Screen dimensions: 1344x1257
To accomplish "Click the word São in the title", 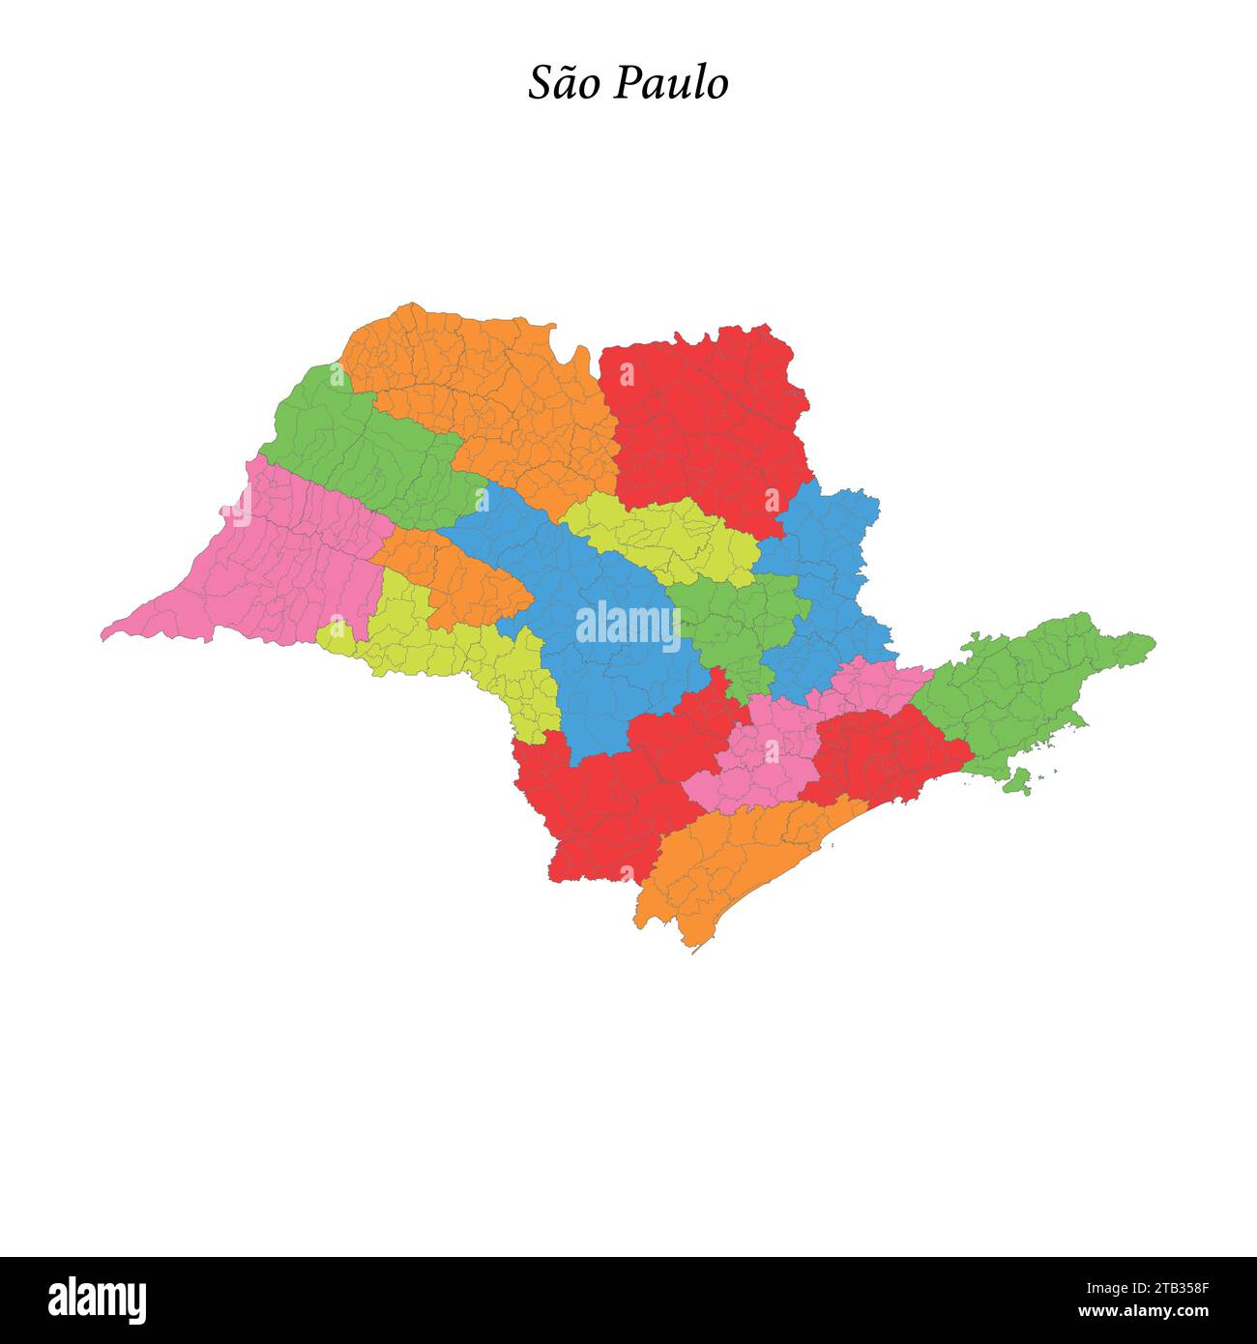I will coord(565,83).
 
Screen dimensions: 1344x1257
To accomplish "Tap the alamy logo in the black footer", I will coord(98,1300).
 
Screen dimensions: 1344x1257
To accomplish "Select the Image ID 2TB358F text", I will coord(1143,1288).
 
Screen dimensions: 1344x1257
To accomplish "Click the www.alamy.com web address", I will coord(1143,1312).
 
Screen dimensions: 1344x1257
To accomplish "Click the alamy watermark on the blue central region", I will coord(628,626).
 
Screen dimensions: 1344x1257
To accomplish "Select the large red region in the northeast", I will coord(706,425).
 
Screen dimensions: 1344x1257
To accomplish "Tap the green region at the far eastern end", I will coord(1025,687).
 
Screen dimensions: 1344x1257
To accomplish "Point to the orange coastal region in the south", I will coord(735,861).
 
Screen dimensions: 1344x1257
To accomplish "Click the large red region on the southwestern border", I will coord(599,803).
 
